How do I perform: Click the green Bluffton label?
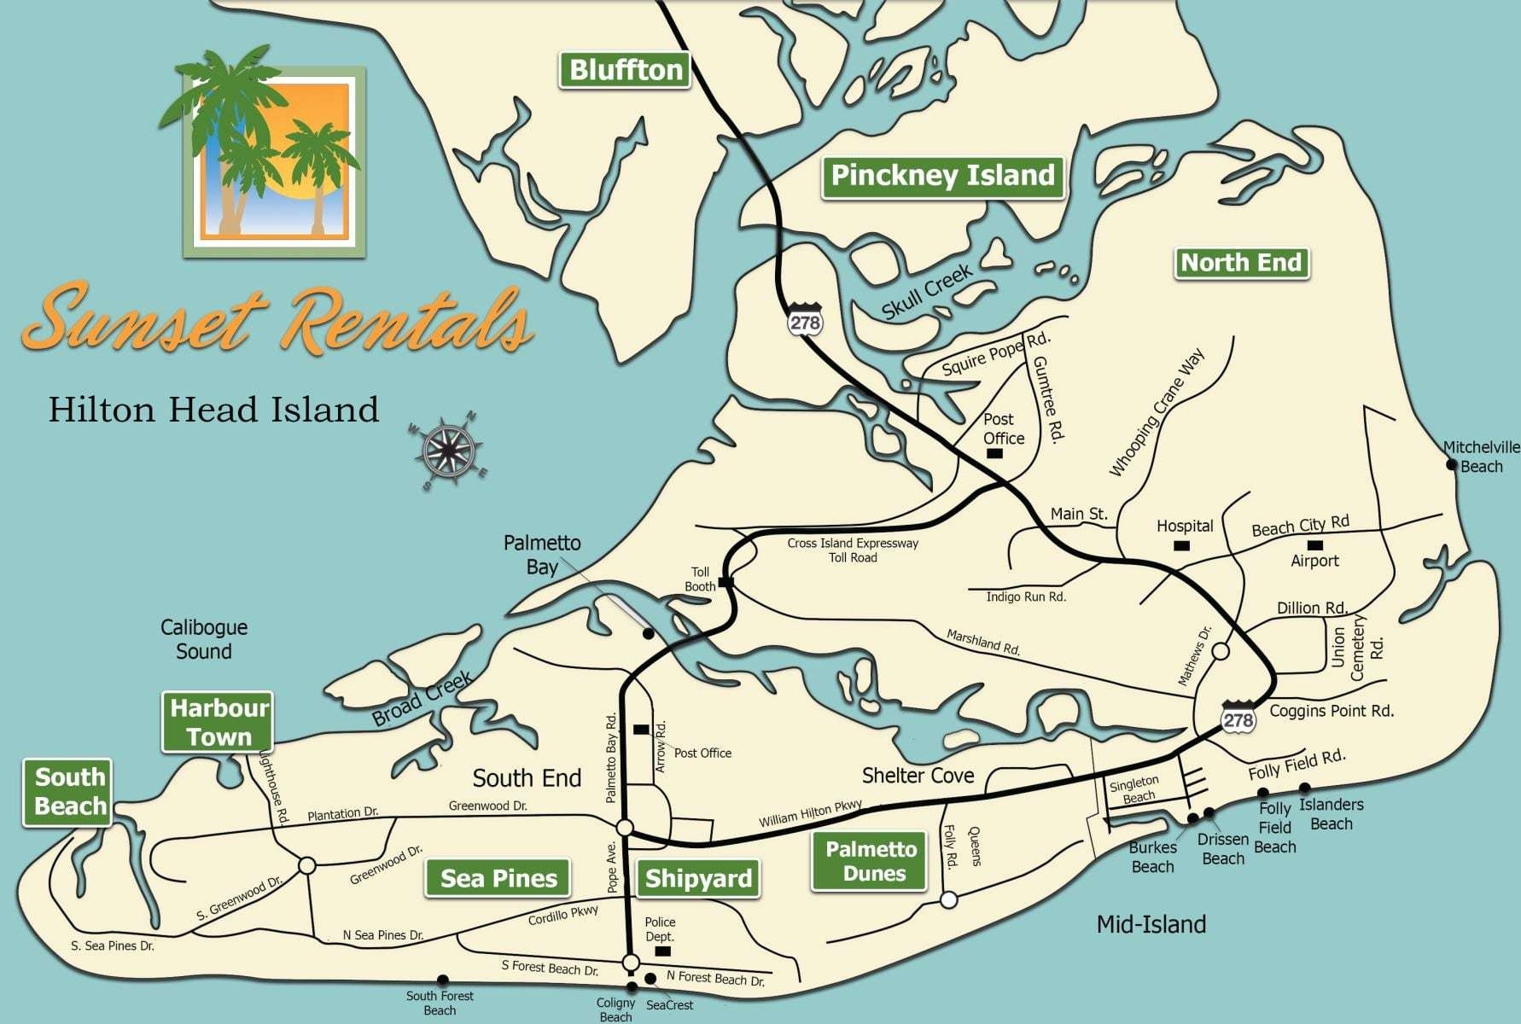click(626, 70)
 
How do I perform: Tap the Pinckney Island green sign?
click(942, 177)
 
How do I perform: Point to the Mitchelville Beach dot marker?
click(1451, 465)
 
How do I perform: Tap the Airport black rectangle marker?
click(1315, 544)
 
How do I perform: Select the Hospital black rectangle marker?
click(1181, 545)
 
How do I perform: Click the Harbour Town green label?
click(219, 722)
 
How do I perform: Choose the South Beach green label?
click(68, 793)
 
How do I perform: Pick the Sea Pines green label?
click(498, 879)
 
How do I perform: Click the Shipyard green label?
click(698, 879)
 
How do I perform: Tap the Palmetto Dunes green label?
click(870, 861)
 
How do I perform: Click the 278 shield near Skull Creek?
click(804, 320)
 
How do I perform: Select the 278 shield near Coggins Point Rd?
click(1238, 718)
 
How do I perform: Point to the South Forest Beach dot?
click(442, 980)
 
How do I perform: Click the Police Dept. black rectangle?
click(661, 951)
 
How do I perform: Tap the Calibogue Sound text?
click(204, 639)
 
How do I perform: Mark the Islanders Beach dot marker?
click(1304, 788)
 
